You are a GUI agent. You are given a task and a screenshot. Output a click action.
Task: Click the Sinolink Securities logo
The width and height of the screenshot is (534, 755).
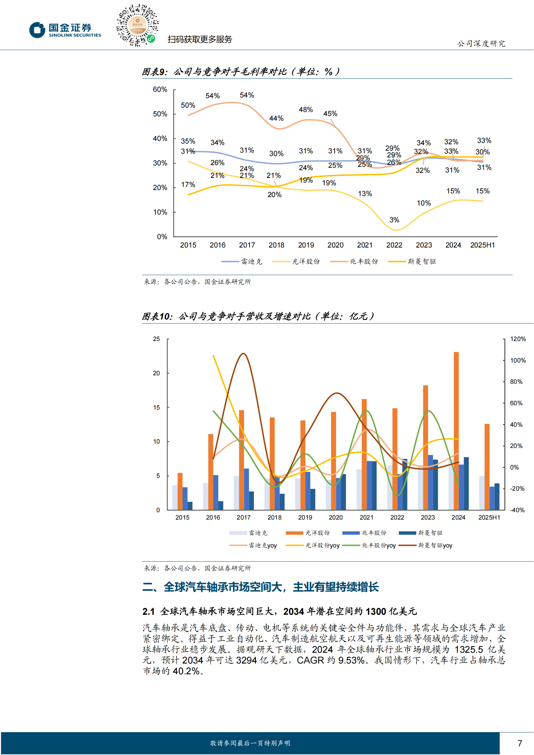coord(65,30)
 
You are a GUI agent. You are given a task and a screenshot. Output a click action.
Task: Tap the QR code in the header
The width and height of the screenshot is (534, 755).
coord(137,25)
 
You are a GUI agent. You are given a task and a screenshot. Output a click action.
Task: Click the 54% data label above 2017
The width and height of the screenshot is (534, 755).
coord(247,95)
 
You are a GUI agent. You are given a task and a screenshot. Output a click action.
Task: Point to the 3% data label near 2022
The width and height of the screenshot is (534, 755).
coord(394,220)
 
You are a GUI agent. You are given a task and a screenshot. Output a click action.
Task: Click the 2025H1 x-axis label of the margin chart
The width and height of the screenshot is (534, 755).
coord(482,245)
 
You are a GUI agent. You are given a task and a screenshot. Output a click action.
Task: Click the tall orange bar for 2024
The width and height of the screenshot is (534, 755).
coord(456,430)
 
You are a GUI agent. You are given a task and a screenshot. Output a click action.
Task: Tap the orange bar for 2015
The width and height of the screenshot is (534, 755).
coord(180,491)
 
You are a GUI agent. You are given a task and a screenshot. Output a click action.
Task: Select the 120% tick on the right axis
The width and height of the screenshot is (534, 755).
coord(518,339)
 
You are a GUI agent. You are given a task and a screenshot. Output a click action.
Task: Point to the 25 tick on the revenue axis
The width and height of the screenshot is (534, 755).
coord(156,339)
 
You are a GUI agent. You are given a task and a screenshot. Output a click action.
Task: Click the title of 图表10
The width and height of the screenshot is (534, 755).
coord(258,316)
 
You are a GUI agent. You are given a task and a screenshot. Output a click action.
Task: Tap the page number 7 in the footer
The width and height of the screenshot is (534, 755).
coord(520,743)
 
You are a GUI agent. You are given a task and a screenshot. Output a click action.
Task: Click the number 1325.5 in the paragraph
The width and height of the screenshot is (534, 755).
coord(468,649)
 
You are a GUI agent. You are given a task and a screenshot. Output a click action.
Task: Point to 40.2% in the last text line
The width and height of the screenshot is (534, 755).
coord(186,671)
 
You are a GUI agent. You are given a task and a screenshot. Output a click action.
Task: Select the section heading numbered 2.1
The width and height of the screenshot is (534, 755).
coord(279,611)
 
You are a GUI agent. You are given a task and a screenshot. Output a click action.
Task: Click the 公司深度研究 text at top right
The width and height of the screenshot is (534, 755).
coord(481,43)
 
